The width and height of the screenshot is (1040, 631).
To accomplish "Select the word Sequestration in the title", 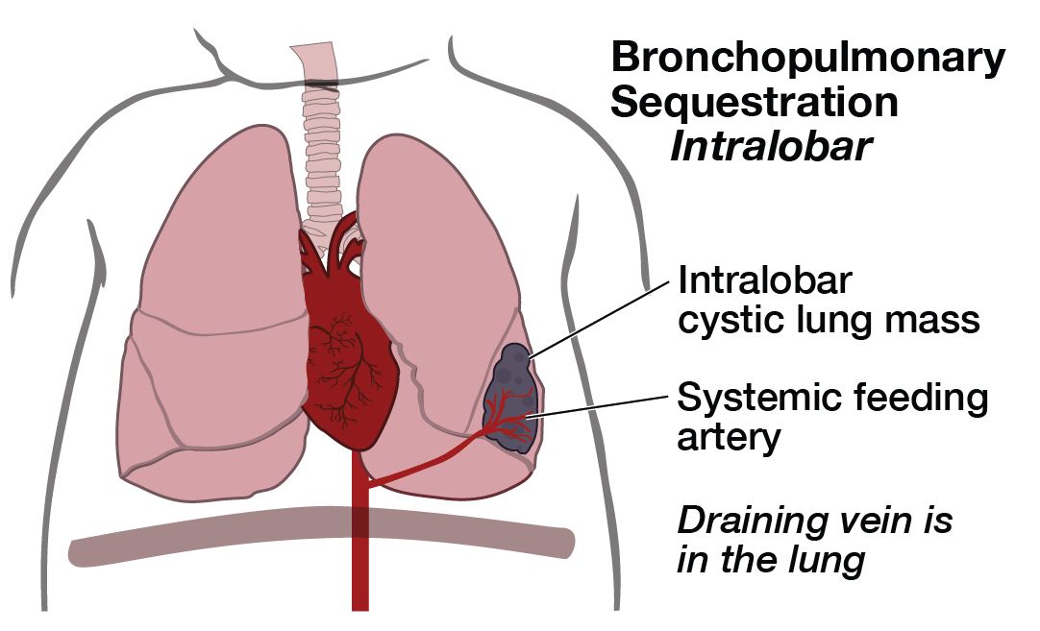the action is (x=755, y=102).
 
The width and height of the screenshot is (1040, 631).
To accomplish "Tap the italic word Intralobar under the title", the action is (x=771, y=147).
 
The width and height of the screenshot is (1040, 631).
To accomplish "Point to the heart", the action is (x=345, y=345).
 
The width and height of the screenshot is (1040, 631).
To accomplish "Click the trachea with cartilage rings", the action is (x=321, y=146).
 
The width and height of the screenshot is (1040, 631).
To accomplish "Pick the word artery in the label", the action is (x=729, y=437).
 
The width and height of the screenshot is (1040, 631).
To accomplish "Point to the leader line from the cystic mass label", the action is (x=600, y=320).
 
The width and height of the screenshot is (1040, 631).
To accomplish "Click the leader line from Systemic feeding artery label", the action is (x=598, y=406).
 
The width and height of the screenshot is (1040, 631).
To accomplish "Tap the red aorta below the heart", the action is (x=359, y=530).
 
